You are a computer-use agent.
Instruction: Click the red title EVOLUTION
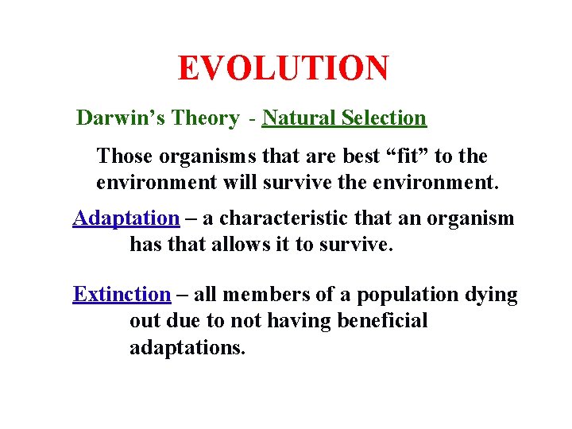point(284,68)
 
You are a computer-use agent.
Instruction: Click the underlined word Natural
point(299,118)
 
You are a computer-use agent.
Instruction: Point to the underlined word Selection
point(384,118)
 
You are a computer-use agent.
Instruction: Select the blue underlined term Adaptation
point(126,218)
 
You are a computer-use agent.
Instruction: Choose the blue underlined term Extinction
point(122,295)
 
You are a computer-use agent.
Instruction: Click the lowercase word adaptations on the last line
point(187,348)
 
